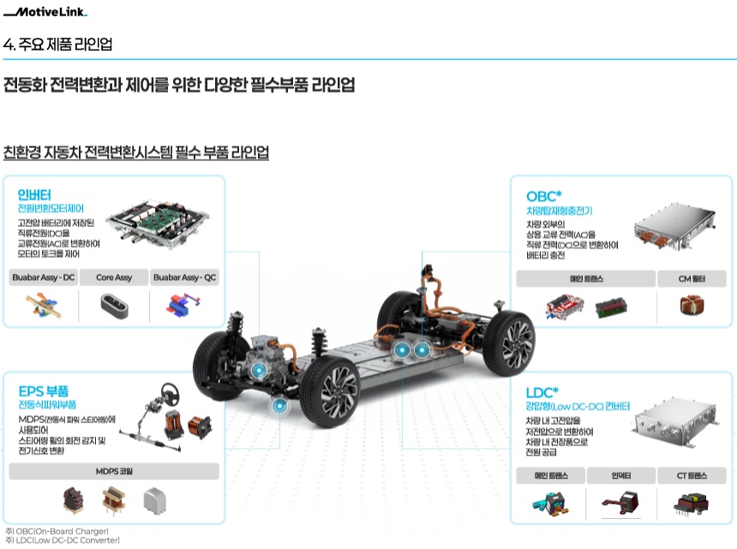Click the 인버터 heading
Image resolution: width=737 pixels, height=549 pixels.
(x=34, y=194)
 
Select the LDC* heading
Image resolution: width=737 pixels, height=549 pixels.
(x=542, y=391)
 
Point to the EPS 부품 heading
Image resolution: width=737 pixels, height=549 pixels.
(x=45, y=391)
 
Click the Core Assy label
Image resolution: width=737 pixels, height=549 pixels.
(x=114, y=277)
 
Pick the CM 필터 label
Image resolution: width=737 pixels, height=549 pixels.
(x=692, y=278)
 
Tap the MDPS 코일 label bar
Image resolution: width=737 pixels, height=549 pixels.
(x=114, y=471)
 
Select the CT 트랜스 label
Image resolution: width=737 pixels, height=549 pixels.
(x=692, y=475)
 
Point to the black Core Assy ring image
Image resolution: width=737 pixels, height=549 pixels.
(x=114, y=305)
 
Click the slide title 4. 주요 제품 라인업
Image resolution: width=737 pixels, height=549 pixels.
(x=58, y=44)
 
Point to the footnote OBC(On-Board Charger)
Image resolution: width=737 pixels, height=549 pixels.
(x=60, y=531)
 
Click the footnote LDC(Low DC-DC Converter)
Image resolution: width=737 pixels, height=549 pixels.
(x=62, y=540)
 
